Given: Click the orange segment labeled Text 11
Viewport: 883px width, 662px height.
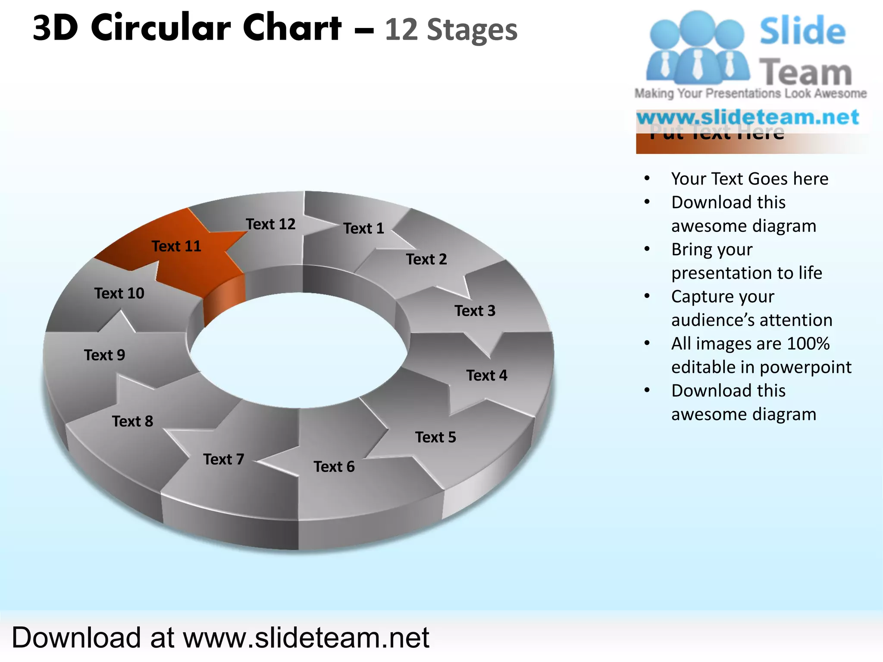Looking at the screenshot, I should click(181, 259).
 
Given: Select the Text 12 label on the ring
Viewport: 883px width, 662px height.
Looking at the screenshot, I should click(271, 224).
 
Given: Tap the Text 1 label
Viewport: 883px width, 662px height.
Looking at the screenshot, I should click(363, 228).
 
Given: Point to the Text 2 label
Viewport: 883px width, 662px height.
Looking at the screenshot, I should click(426, 259).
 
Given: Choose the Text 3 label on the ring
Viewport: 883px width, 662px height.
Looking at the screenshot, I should click(475, 311).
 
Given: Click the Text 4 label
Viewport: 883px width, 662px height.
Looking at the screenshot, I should click(487, 375).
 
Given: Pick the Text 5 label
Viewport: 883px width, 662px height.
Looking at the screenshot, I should click(435, 437).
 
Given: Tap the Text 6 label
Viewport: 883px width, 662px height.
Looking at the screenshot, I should click(334, 467).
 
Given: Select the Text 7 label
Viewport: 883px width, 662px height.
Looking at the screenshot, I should click(224, 459).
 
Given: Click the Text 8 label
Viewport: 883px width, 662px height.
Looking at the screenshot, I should click(133, 422).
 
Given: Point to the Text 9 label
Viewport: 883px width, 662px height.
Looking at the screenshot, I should click(105, 355).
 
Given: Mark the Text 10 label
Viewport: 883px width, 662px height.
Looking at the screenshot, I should click(119, 294).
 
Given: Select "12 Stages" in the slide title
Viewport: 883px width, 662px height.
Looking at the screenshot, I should click(451, 30).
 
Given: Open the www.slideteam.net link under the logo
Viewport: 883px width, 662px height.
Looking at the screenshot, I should click(748, 117).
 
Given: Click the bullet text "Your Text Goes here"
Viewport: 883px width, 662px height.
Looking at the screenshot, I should click(750, 179).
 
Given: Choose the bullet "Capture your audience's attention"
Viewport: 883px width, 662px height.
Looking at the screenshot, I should click(751, 308).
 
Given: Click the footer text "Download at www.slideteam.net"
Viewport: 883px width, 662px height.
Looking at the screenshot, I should click(220, 637).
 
